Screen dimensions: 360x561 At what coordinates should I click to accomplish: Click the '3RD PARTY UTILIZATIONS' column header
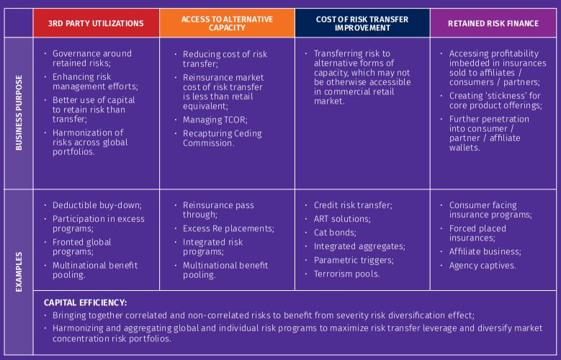click(x=95, y=23)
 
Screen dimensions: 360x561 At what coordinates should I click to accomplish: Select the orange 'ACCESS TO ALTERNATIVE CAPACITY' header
click(x=227, y=23)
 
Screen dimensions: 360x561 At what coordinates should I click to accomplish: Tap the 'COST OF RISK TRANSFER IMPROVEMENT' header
click(x=362, y=23)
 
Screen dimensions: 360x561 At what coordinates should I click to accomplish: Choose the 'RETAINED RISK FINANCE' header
click(x=493, y=23)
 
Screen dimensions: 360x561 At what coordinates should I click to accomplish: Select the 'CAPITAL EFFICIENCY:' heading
click(x=86, y=303)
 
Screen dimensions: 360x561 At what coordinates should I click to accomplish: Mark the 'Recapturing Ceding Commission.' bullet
click(x=222, y=138)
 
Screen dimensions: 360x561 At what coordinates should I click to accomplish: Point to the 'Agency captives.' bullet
click(x=483, y=264)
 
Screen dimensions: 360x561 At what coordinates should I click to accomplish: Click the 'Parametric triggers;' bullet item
click(x=354, y=260)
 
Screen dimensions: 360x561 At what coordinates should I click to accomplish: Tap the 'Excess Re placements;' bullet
click(x=228, y=228)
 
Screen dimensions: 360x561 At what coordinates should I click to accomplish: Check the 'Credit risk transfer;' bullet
click(x=353, y=205)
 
